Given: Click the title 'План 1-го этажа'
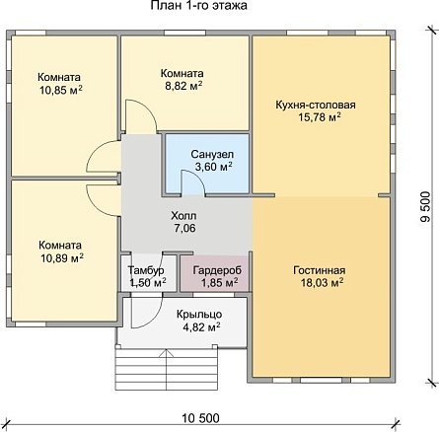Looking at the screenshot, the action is [x=199, y=6].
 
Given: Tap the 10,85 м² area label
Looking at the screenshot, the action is [x=61, y=90].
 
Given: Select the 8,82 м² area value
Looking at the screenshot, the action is [x=183, y=86].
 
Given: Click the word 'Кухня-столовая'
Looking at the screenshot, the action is [x=316, y=105].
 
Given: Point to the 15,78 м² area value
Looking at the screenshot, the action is [x=320, y=117].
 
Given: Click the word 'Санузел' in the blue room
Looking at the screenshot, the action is [x=212, y=154].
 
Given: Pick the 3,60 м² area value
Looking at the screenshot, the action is [x=214, y=167].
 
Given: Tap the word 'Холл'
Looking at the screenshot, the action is [x=183, y=216].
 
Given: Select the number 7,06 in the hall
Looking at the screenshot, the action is [x=184, y=228].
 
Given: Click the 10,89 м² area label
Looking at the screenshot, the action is [x=62, y=258].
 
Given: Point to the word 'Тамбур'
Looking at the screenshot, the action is [x=146, y=270].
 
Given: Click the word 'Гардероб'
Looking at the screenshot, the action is [x=217, y=270].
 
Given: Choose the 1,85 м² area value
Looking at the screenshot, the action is [x=220, y=282].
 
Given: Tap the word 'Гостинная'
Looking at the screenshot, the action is [x=320, y=270].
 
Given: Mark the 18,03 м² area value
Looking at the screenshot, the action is [x=323, y=282].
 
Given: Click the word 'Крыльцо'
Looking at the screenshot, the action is [x=199, y=315].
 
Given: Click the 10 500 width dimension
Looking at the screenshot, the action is [x=200, y=418].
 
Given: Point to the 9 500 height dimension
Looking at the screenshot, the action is [x=425, y=207].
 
